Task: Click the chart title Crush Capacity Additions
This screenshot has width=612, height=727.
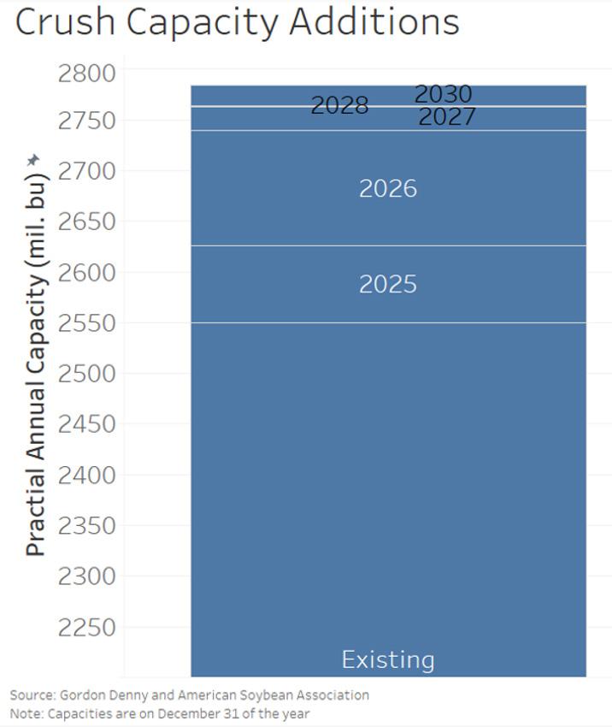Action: click(x=238, y=22)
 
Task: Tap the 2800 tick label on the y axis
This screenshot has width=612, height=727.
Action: click(x=86, y=74)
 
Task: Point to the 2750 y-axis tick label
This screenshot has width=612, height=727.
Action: click(x=86, y=121)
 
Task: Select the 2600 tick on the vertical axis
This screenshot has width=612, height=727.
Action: click(x=86, y=272)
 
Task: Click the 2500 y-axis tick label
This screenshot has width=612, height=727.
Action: click(x=86, y=373)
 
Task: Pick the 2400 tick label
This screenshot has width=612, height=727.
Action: click(x=86, y=475)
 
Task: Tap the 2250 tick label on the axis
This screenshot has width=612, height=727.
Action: click(x=86, y=627)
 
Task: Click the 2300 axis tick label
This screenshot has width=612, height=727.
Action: click(x=86, y=576)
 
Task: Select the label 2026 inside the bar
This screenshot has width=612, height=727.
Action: click(x=388, y=189)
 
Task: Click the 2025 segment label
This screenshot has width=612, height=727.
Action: click(x=388, y=284)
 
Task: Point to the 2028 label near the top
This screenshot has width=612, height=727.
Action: click(x=339, y=105)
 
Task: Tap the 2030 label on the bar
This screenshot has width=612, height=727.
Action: click(x=444, y=94)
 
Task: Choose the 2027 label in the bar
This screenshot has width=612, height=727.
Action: click(x=447, y=116)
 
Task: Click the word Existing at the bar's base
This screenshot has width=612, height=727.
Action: click(x=388, y=659)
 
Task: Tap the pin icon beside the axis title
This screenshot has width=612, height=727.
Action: click(x=32, y=161)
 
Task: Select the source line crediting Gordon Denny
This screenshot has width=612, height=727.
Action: click(x=190, y=695)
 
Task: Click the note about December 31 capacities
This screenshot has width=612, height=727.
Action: click(x=160, y=713)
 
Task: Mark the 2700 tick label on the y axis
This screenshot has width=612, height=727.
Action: click(x=86, y=171)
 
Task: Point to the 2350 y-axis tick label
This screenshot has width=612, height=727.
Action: click(x=86, y=526)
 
